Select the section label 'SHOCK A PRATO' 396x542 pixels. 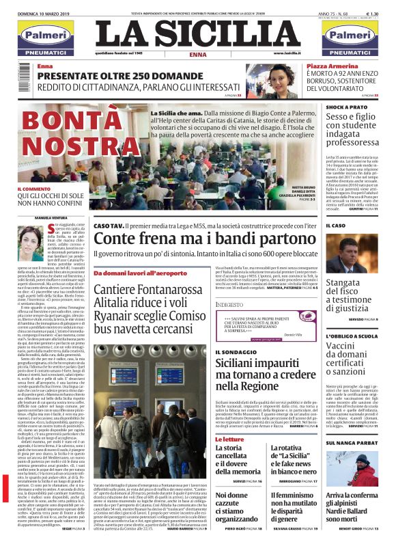346,107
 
